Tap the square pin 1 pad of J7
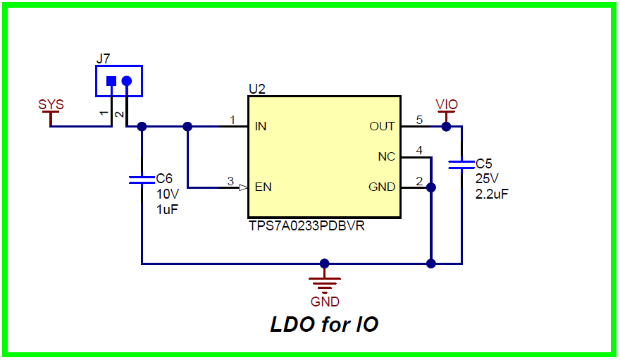coord(111,81)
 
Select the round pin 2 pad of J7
coord(127,81)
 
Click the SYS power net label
coord(51,104)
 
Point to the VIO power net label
coord(447,104)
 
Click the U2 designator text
coord(256,89)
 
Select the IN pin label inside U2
coord(261,127)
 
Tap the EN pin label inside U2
coord(263,187)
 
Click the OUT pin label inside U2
coord(382,127)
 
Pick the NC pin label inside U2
coord(386,157)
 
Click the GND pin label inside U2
coord(382,187)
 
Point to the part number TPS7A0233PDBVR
coord(306,228)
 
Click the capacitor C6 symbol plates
coord(142,180)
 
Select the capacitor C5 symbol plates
coord(461,165)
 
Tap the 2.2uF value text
coord(492,194)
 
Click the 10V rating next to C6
coord(167,194)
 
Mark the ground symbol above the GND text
coord(325,283)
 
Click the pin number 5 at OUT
coord(419,120)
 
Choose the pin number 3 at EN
coord(230,181)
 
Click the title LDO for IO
coord(324,325)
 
